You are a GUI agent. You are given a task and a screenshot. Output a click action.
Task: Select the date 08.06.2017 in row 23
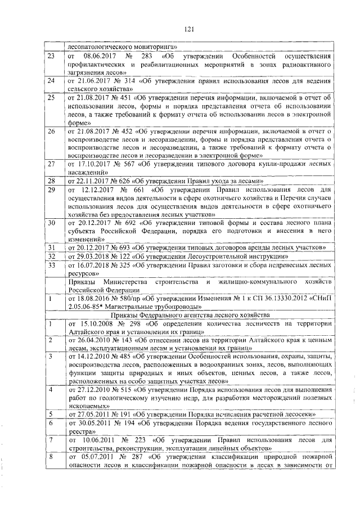pos(99,57)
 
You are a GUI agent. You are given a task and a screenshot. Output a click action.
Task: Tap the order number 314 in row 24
pos(129,81)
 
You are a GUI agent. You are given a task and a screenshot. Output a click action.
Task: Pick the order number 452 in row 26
pos(129,130)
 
